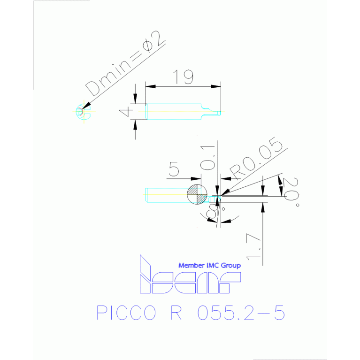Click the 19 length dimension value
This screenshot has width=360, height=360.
[183, 77]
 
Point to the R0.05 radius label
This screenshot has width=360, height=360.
[256, 159]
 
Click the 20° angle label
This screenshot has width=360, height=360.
[291, 191]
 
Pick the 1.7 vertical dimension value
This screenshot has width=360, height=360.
[254, 247]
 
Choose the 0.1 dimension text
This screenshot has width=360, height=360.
[207, 158]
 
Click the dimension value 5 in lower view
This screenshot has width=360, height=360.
[174, 169]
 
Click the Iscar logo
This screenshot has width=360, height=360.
[191, 274]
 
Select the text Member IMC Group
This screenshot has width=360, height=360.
[209, 265]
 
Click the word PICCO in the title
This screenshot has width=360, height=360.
[126, 313]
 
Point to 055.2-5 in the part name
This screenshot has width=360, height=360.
[241, 313]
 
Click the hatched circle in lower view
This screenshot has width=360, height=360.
[197, 194]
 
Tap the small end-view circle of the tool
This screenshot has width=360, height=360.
[83, 112]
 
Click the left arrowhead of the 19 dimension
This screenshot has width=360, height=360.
[150, 86]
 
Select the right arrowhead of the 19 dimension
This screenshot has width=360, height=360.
[216, 86]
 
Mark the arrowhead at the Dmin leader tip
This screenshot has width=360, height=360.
[86, 106]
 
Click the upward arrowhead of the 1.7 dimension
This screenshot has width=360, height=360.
[263, 207]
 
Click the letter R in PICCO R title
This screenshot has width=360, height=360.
[176, 313]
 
